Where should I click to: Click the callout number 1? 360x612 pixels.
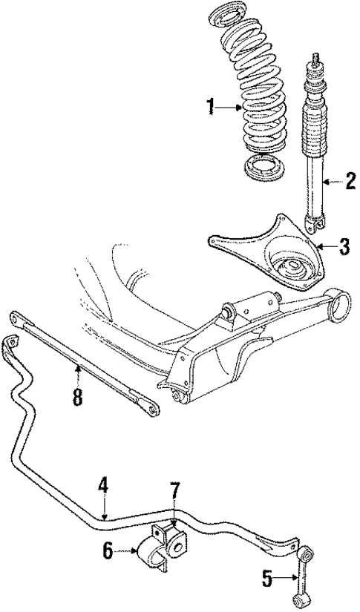point(211,108)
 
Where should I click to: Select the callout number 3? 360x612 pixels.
point(343,246)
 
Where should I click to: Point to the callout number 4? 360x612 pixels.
point(103,485)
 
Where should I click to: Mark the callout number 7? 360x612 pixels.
point(174,491)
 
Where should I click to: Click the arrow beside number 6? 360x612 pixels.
point(125,550)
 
